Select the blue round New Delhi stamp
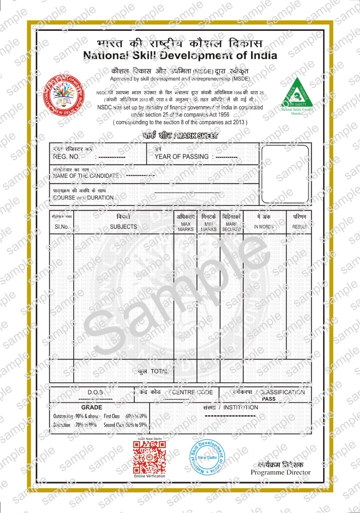[208, 457]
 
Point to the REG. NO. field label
[67, 157]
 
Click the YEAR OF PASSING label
[182, 157]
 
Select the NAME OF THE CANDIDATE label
[87, 176]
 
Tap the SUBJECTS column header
[123, 227]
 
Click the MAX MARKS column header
[186, 227]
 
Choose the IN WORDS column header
[264, 227]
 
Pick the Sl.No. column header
[62, 227]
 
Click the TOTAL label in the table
[159, 372]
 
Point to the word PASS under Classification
[268, 399]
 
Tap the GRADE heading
[91, 407]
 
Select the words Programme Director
[281, 473]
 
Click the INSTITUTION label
[241, 408]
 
